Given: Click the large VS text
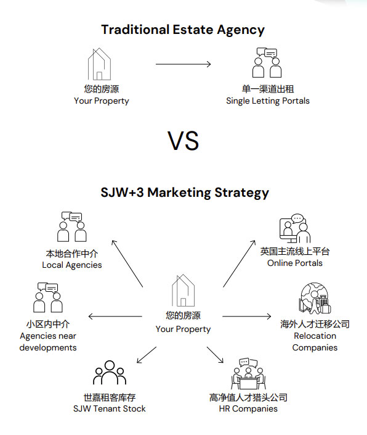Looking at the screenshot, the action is point(183,141).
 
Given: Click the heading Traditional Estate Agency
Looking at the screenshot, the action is point(183,30).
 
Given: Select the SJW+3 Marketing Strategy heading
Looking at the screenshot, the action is point(185,193).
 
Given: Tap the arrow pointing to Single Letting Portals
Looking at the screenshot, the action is point(183,64).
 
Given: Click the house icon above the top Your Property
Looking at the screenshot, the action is point(99,64).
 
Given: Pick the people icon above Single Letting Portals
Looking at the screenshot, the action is point(267,63).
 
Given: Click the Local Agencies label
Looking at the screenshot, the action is point(72,265).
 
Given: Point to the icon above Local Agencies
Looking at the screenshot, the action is point(72,226).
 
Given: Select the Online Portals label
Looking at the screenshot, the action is point(295,263).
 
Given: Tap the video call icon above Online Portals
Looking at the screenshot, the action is point(295,228).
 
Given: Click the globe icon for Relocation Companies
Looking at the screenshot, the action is point(315,298).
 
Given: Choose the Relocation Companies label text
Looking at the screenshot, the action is point(315,341).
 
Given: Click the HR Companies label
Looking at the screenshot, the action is point(248,408).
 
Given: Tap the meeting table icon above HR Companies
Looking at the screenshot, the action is point(248,374).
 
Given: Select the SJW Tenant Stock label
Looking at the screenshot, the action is point(110,408).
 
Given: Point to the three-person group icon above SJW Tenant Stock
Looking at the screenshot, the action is point(110,372).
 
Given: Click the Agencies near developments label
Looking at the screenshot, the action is point(48,341).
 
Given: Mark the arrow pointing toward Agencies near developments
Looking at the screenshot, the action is point(115,317).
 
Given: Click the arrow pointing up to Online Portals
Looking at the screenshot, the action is point(239,263).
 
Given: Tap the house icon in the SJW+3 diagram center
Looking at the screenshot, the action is point(183,291).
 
